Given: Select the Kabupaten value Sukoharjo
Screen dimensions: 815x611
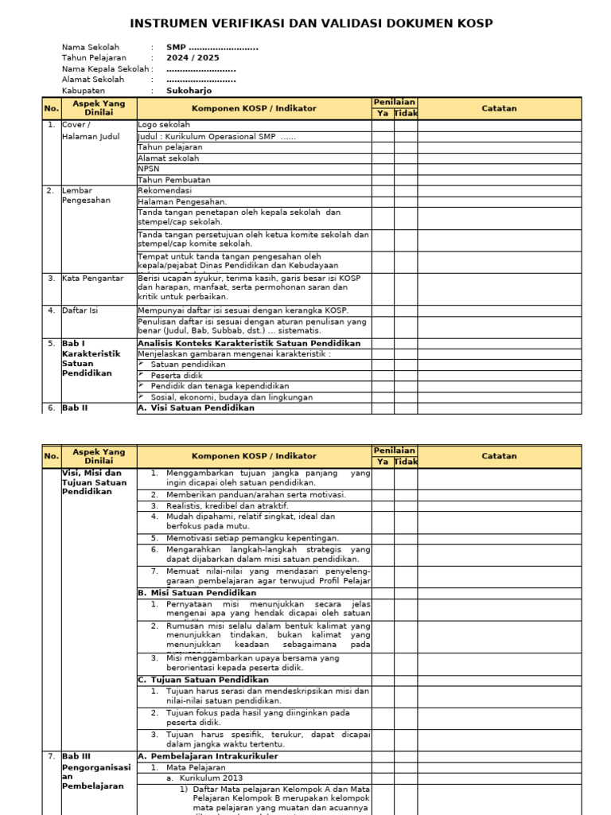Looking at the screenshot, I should point(189,91).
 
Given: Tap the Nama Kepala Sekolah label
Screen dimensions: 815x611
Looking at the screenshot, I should point(106,69).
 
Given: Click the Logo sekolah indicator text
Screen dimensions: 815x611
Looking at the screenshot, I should point(164,125).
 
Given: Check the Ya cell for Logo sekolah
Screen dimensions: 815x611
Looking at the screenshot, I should point(382,125).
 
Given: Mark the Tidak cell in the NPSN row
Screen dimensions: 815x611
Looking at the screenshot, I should point(406,169).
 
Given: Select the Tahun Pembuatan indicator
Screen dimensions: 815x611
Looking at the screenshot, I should point(174,180).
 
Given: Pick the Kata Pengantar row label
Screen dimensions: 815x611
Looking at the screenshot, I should point(92,279).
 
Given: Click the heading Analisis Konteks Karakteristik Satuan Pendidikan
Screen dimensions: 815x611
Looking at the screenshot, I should point(249,343).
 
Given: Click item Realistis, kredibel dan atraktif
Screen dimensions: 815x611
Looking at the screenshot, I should point(228,505).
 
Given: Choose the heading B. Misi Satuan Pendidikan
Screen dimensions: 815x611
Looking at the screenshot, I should point(197,593).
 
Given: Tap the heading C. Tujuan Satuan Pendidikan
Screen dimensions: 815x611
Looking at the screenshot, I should point(203,680).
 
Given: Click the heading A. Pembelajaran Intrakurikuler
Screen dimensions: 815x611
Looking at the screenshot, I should point(208,756).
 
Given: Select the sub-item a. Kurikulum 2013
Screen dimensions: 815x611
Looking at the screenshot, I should point(204,778).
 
